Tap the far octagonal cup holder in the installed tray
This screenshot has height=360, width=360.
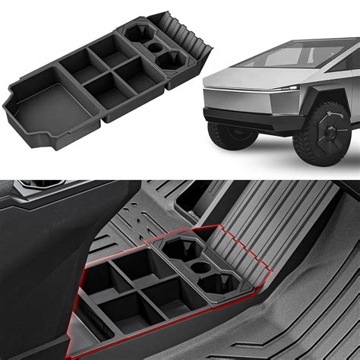(x=176, y=251)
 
